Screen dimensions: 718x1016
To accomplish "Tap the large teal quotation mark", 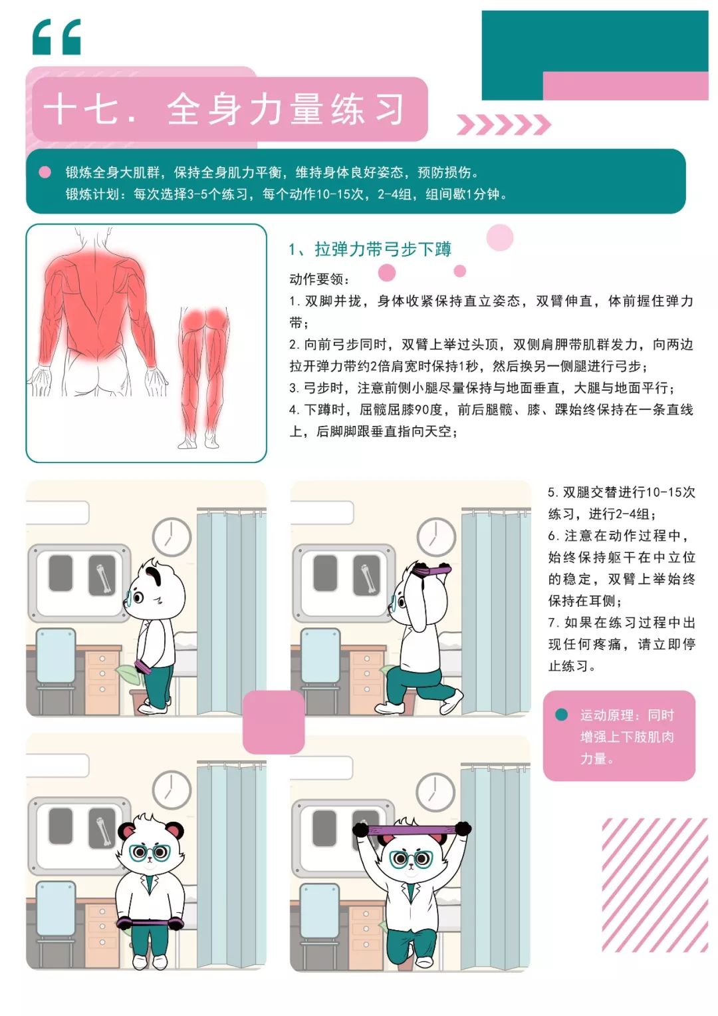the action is pos(57,37).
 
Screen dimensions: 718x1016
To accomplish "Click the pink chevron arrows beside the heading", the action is pos(503,124).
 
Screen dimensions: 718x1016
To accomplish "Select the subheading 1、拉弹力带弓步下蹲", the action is pos(370,249).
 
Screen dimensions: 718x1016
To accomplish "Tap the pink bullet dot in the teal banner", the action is pos(45,172).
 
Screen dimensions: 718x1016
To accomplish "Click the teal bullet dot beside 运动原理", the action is pos(561,715).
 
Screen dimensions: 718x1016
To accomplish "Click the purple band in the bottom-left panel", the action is pos(150,922).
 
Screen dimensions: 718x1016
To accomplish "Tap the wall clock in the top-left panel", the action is pos(172,537).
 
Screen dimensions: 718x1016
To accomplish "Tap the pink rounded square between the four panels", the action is pos(273,722).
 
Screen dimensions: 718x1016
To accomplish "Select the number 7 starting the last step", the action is pos(552,622).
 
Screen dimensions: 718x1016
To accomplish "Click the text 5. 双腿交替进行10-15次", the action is pos(622,492).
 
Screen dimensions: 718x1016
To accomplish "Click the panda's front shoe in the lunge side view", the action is pos(390,708).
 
